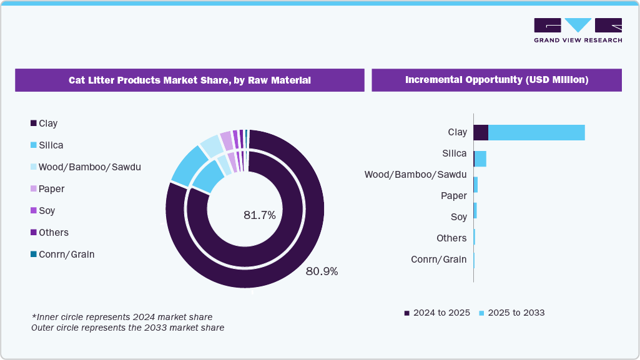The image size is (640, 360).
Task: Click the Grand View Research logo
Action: (x=578, y=30)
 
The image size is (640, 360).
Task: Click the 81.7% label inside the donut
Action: (x=259, y=215)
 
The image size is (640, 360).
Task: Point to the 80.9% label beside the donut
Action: (x=322, y=271)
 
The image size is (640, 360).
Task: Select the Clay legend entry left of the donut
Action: (x=44, y=124)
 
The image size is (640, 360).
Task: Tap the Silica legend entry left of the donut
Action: (x=46, y=145)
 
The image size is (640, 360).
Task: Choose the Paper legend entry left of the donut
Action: (x=47, y=188)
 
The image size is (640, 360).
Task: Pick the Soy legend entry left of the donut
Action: (x=43, y=211)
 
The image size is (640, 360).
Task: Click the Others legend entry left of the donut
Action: (x=49, y=232)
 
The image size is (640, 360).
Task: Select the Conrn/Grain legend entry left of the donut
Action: (x=62, y=254)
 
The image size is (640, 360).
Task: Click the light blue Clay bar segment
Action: (x=536, y=132)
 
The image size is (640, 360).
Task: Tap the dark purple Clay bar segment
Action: (x=481, y=132)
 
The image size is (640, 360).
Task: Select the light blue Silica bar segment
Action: (x=480, y=158)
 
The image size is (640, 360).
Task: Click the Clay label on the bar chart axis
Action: (x=457, y=132)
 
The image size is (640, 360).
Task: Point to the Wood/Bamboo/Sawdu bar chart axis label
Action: (x=415, y=174)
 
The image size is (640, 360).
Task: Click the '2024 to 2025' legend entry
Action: (x=436, y=313)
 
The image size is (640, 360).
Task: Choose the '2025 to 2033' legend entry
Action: (x=511, y=313)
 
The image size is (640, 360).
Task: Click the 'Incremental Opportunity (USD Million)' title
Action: (x=496, y=80)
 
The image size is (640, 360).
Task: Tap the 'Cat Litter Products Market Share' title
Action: (x=190, y=80)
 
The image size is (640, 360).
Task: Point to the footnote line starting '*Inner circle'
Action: (x=122, y=317)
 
